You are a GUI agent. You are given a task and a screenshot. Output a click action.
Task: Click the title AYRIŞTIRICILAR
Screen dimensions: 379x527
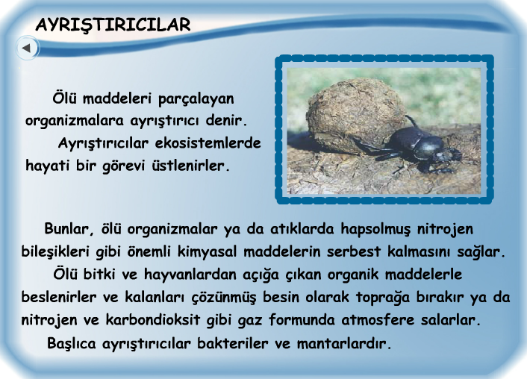tap(113, 25)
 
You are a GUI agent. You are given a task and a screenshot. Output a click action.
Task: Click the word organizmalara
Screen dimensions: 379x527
tap(70, 120)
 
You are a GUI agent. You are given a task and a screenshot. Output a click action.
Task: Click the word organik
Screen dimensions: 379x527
tap(359, 274)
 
